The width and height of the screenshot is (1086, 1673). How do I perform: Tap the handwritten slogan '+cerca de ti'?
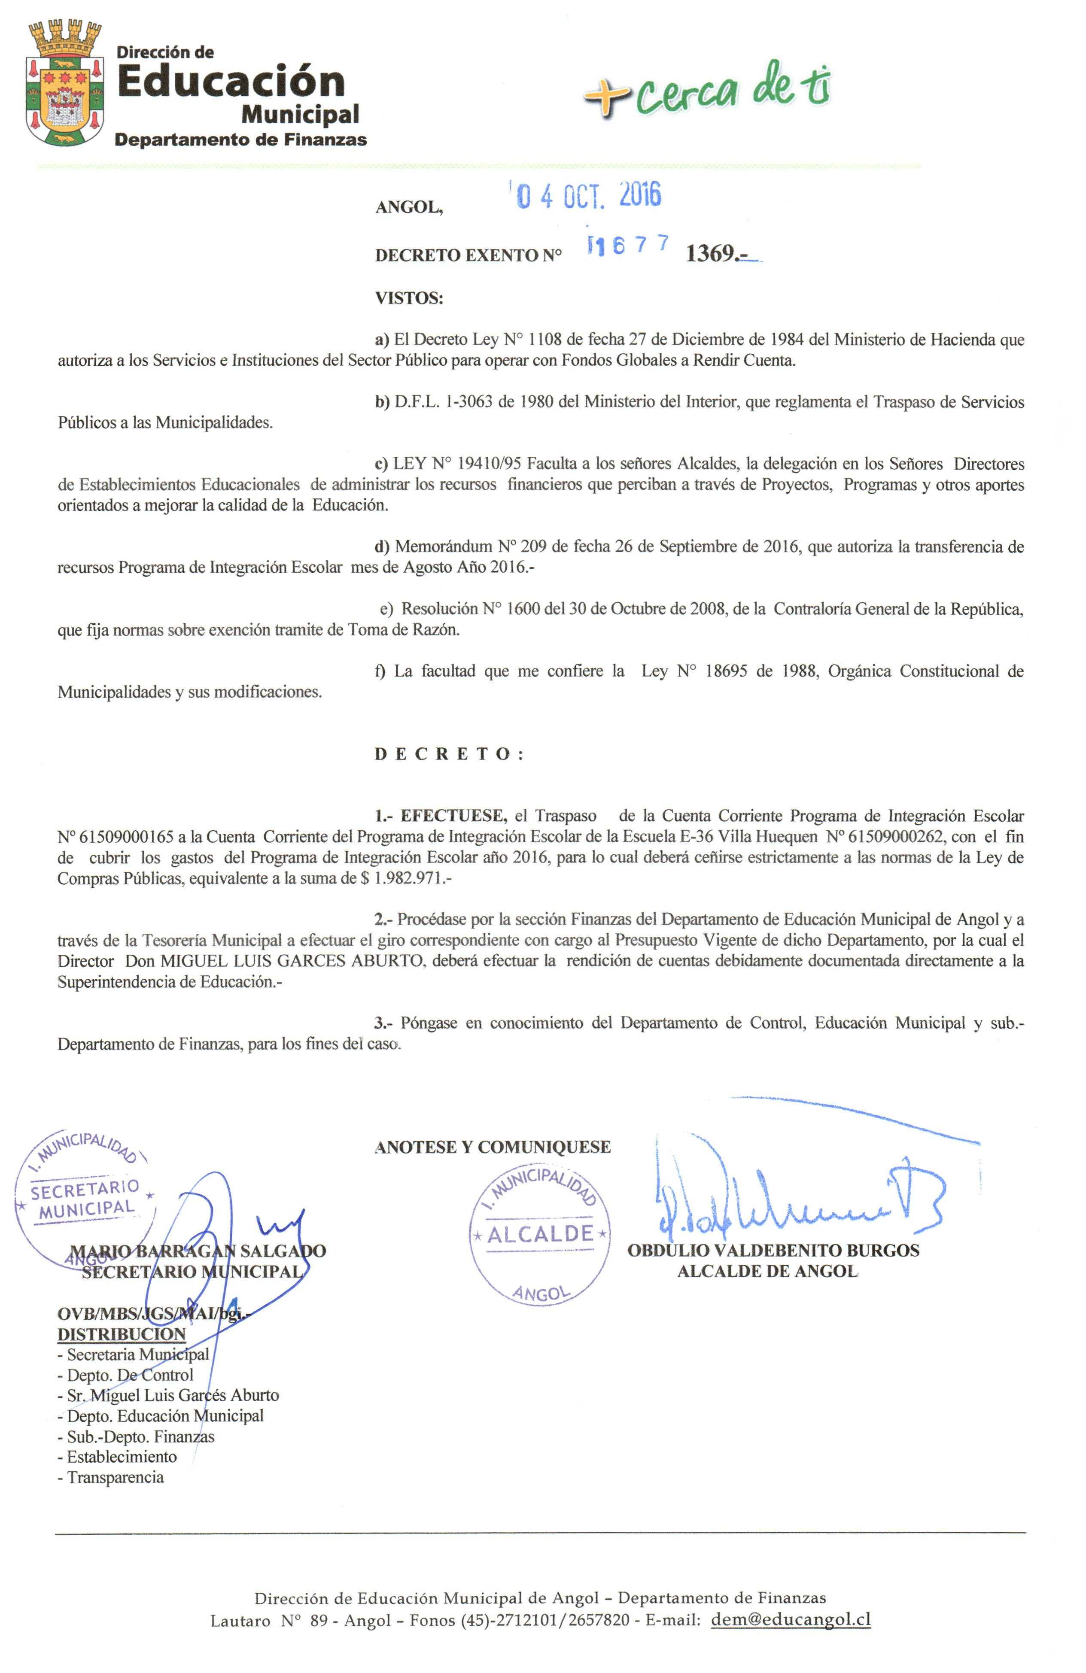tap(706, 88)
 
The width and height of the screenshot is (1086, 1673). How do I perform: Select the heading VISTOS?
tap(408, 298)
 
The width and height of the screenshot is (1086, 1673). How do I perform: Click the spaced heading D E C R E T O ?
tap(448, 754)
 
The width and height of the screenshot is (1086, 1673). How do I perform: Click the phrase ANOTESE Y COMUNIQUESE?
tap(492, 1147)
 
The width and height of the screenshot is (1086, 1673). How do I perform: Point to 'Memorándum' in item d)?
tap(443, 547)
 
